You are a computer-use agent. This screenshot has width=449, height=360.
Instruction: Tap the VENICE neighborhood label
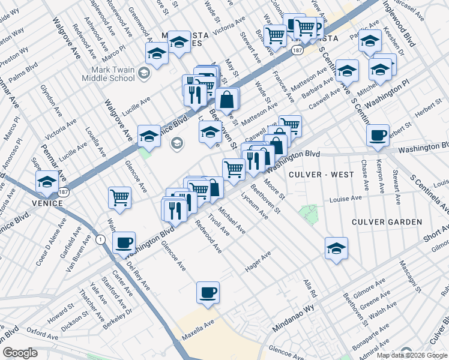[47, 203]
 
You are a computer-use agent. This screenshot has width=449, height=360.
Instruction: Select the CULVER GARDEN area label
[387, 222]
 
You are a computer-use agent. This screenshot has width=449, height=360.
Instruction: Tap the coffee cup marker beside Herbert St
[378, 135]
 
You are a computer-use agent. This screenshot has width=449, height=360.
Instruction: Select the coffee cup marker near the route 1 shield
[124, 242]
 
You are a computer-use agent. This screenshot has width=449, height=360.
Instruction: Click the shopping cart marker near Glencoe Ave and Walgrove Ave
[120, 197]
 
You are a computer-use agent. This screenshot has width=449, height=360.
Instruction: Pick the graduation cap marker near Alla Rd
[336, 248]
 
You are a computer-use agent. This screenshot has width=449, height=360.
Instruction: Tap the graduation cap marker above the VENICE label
[47, 181]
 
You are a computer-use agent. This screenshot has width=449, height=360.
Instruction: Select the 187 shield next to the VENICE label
[62, 192]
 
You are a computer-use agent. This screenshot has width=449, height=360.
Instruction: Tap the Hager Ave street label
[258, 262]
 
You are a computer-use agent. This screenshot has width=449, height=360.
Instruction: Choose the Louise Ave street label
[345, 198]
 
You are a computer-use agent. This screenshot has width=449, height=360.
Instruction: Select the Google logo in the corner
[20, 353]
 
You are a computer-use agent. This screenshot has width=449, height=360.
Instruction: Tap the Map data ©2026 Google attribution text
[412, 355]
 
